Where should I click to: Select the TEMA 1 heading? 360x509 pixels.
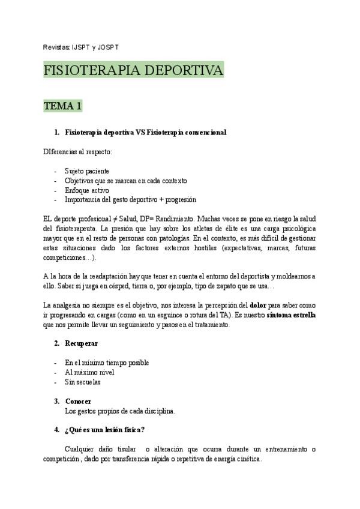coord(62,106)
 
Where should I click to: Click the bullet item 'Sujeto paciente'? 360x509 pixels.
coord(88,170)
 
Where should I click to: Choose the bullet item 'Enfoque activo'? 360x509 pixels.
coord(87,190)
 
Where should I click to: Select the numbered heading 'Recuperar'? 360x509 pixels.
coord(82,343)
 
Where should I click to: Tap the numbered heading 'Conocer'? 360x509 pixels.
coord(79,401)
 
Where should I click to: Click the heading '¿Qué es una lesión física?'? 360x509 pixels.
coord(104,430)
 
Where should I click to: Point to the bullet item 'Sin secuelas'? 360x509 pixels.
coord(83,382)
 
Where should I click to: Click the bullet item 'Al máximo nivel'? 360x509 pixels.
coord(89,372)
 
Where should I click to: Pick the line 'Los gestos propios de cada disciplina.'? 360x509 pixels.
coord(120,411)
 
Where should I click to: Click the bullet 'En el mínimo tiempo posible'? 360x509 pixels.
coord(107,363)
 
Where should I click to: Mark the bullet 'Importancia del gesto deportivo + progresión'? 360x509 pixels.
coord(131,199)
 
